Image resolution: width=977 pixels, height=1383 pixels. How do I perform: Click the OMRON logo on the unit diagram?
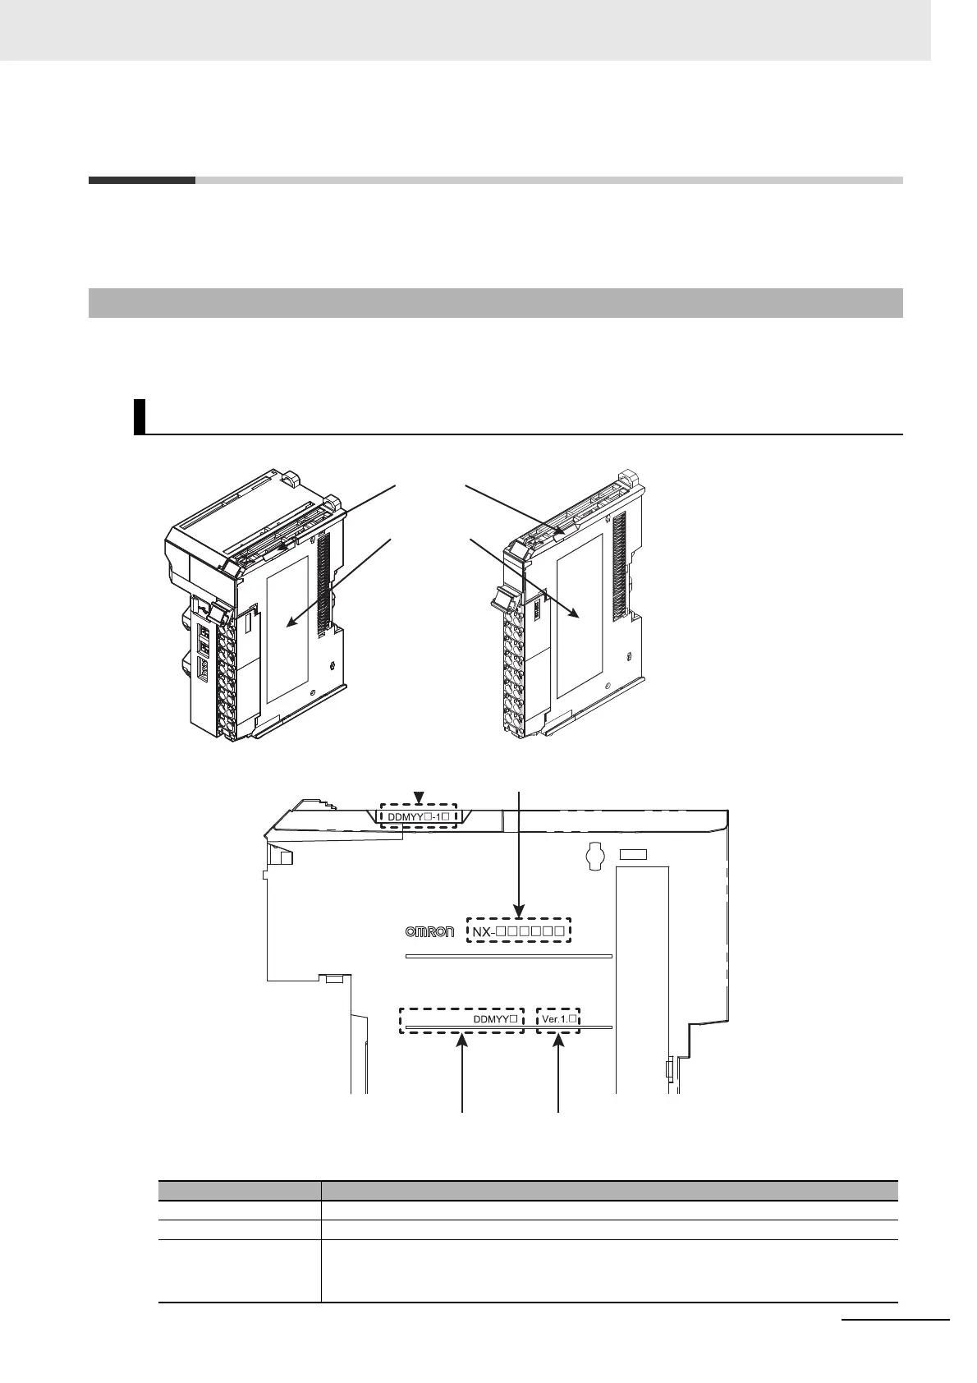tap(430, 931)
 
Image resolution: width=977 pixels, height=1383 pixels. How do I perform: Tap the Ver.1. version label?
tap(558, 1019)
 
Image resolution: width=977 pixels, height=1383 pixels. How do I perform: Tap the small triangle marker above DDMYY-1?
tap(419, 797)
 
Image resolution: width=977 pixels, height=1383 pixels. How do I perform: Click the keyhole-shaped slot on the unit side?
tap(595, 857)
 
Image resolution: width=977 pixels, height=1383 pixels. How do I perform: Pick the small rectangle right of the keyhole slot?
tap(632, 855)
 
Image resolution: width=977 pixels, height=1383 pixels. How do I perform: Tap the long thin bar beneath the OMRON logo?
tap(509, 956)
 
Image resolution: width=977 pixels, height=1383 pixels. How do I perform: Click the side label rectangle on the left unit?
tap(287, 628)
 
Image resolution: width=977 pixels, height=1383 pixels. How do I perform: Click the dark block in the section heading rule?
tap(142, 180)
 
